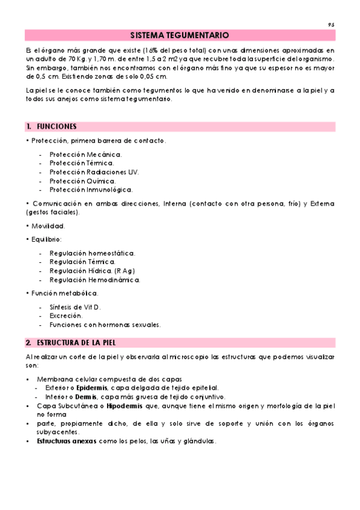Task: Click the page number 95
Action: coord(331,24)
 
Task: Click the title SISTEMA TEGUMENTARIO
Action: coord(179,35)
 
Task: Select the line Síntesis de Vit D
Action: coord(75,307)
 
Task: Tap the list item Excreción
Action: coord(66,315)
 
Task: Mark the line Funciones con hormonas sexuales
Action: coord(105,324)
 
